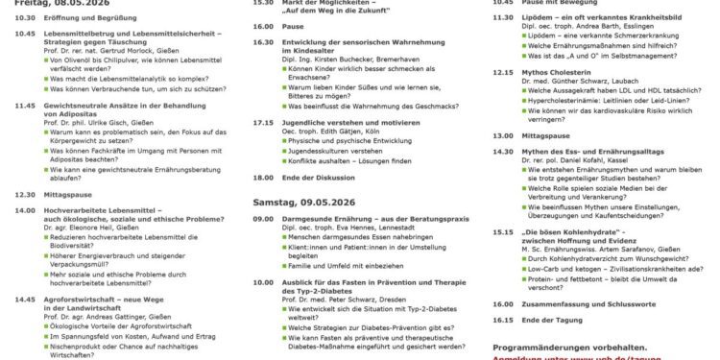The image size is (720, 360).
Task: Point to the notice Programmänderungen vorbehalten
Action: click(x=569, y=347)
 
